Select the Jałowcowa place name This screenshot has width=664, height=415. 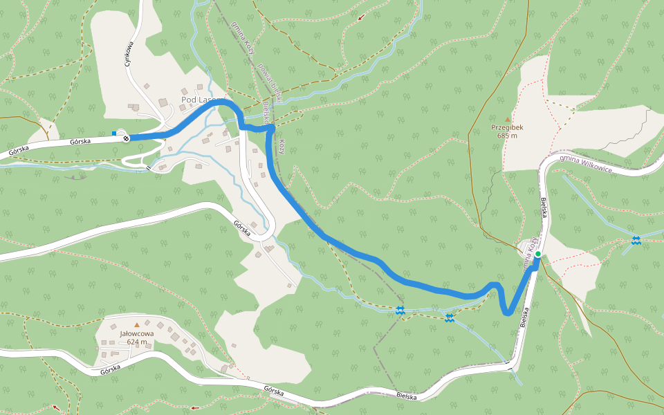coord(137,333)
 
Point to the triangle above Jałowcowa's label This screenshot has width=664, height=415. coord(137,324)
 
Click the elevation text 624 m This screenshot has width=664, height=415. coord(137,342)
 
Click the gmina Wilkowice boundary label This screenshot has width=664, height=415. coord(586,165)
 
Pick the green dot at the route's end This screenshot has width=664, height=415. coord(538,254)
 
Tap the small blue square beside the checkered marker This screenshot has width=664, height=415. coord(114,133)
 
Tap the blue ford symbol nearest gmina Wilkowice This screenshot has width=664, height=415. coord(635,241)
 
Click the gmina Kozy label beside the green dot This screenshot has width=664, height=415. coord(530,252)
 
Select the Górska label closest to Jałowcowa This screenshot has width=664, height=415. coord(111,370)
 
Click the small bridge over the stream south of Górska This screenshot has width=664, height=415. coord(147,167)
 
